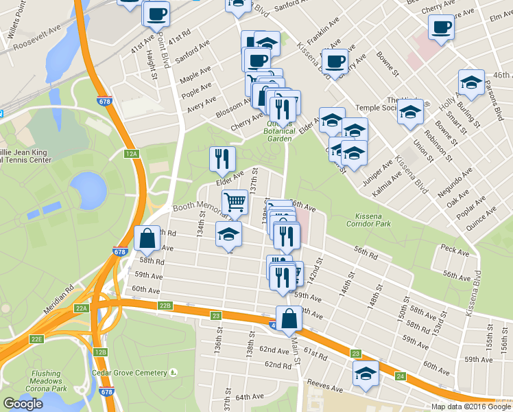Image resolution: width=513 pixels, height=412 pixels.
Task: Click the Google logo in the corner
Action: tap(23, 404)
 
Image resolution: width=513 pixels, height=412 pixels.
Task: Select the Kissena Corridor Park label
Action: tap(363, 219)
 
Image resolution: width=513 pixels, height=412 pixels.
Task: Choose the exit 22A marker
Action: tap(82, 309)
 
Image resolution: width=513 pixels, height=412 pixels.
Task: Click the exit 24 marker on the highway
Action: tap(401, 376)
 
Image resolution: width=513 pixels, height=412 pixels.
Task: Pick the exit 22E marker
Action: tap(36, 339)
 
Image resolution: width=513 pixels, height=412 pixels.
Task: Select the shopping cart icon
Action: tap(235, 201)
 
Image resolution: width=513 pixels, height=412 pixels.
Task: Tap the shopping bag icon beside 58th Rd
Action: tap(147, 238)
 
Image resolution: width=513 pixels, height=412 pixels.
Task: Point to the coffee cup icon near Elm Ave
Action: tap(440, 27)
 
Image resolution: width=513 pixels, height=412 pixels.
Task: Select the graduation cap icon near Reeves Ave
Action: tap(366, 374)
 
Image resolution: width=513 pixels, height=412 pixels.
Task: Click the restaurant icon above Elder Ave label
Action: tap(222, 159)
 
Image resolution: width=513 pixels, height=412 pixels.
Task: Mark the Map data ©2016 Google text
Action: tap(471, 407)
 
